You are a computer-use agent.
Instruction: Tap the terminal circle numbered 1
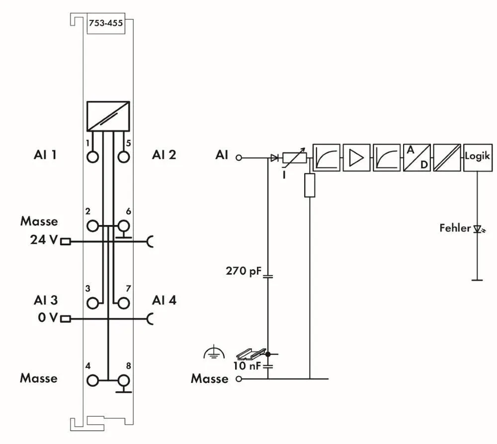click(92, 156)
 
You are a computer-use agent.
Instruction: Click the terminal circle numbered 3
click(92, 302)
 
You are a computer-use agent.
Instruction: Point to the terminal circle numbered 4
click(92, 381)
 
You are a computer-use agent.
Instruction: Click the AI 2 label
click(164, 155)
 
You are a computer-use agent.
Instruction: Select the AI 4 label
click(164, 300)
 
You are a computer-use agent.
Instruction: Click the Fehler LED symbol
click(478, 229)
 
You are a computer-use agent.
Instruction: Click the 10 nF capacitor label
click(247, 367)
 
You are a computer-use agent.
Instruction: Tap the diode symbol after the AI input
click(274, 158)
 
